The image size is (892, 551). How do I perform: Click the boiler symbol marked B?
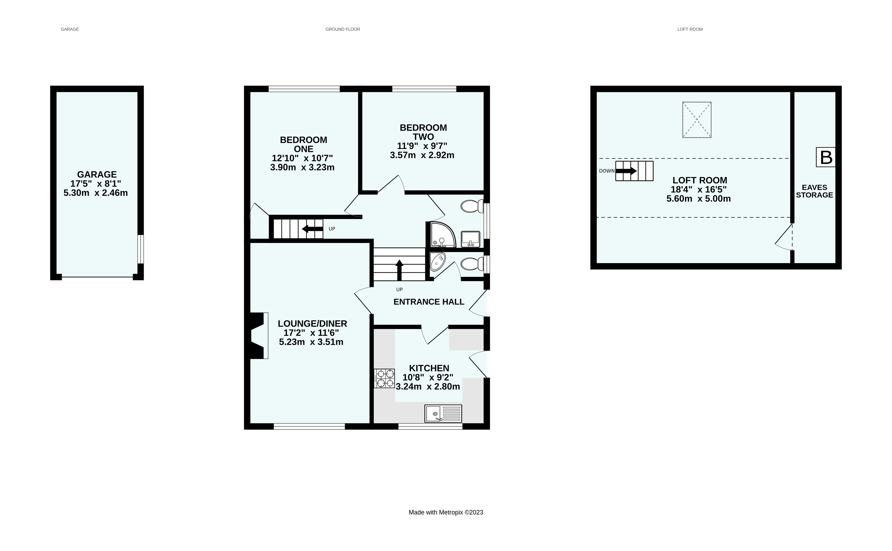pos(825,157)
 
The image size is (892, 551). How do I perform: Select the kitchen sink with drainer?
pos(443,414)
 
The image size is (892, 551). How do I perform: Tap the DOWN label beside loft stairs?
pos(606,171)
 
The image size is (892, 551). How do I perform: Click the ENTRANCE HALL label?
pos(429,302)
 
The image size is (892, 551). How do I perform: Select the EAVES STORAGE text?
pos(814,191)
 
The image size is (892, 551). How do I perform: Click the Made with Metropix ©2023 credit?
pos(446,512)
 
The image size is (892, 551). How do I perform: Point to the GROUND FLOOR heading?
pos(342,29)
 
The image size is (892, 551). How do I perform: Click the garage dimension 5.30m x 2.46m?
pos(96,193)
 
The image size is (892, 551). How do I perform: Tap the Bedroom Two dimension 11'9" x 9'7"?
pos(422,146)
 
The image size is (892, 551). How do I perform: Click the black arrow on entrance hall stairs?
pos(399,270)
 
